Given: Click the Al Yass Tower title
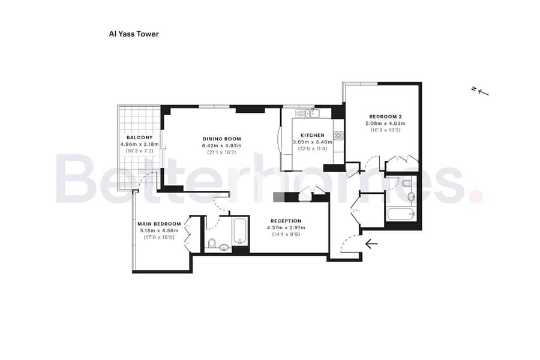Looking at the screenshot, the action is (134, 34).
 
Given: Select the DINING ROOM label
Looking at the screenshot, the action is (222, 139).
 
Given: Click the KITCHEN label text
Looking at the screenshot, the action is (313, 136).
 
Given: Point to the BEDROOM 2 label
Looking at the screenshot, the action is (385, 117).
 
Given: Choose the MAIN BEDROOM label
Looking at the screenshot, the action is (159, 224).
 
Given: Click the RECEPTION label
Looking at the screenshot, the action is (286, 221).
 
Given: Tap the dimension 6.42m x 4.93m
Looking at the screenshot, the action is (222, 146).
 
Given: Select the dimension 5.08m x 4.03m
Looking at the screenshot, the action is (385, 124).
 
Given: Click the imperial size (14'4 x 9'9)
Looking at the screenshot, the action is (286, 234).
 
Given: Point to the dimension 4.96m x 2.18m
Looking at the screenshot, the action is (139, 145).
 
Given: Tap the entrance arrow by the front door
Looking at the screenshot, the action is (371, 244).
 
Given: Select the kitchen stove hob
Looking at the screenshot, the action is (338, 136).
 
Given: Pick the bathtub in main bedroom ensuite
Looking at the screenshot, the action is (239, 231).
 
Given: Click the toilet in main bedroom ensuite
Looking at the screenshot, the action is (211, 243).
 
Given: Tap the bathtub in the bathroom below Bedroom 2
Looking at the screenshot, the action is (401, 214).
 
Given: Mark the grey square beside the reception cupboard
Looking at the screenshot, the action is (278, 197).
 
